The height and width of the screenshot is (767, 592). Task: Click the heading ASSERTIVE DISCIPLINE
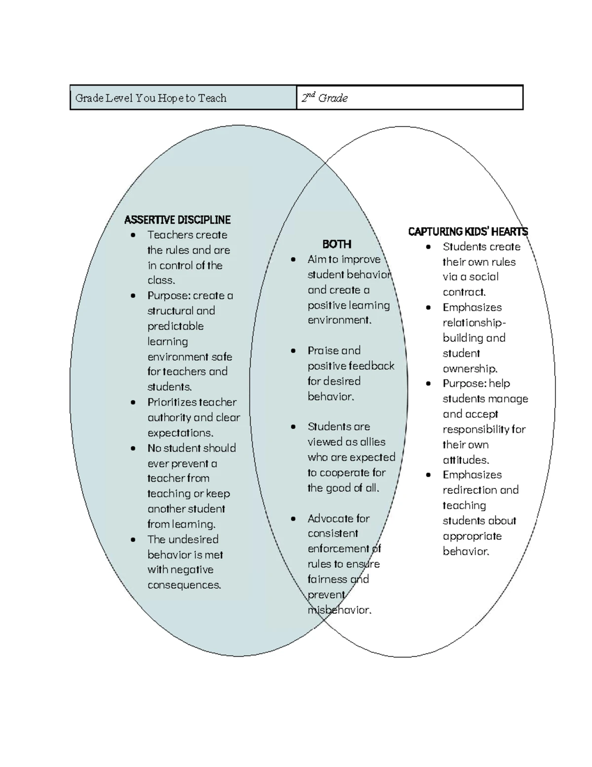pos(177,220)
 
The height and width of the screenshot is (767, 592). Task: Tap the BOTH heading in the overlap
pos(336,244)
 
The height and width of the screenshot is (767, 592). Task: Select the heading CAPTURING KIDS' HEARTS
pos(468,232)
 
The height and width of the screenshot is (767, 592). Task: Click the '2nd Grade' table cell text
pos(325,98)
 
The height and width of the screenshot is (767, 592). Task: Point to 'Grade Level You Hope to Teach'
pos(150,98)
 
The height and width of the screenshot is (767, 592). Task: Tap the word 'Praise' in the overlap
pos(323,351)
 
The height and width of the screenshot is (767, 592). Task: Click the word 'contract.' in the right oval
pos(464,292)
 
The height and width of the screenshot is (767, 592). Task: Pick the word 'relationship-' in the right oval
pos(474,323)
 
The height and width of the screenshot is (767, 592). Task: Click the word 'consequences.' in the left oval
pos(184,585)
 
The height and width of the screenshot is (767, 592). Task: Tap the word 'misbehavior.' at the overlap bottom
pos(339,610)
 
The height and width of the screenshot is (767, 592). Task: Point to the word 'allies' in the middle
pos(372,442)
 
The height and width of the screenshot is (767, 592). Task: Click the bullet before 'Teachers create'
pos(133,235)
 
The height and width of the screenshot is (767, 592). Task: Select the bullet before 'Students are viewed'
pos(294,427)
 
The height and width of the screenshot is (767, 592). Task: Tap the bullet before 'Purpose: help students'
pos(429,384)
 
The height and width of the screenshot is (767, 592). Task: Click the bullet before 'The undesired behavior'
pos(133,540)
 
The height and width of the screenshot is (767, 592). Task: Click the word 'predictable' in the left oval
pos(175,326)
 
